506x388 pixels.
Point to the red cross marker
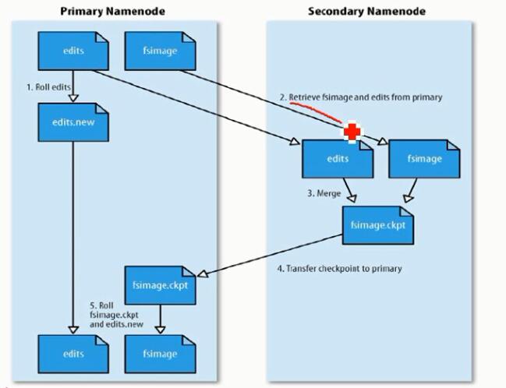coord(352,132)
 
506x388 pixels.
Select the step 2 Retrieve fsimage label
coord(361,97)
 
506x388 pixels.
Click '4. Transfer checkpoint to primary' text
coord(340,269)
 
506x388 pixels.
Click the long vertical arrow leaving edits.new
coord(72,234)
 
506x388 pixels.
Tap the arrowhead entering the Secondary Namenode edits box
coord(295,143)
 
